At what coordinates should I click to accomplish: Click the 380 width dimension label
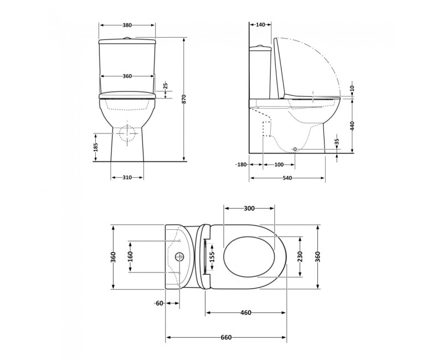coord(127,25)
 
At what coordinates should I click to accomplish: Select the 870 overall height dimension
coord(184,99)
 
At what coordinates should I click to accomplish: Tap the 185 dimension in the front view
coord(96,147)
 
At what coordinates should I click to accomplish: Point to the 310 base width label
coord(127,178)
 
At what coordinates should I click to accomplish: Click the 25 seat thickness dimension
coord(165,85)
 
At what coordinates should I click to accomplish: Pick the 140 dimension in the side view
coord(260,25)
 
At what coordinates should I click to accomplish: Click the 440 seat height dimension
coord(352,126)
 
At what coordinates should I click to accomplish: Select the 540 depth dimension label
coord(287,178)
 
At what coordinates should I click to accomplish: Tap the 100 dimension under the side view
coord(279,164)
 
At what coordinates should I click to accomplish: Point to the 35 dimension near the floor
coord(337,142)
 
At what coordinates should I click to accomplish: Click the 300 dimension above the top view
coord(249,208)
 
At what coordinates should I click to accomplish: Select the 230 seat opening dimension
coord(300,256)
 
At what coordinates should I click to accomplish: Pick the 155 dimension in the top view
coord(212,257)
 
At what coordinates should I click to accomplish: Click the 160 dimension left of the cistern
coord(130,257)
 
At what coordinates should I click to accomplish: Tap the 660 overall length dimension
coord(226,337)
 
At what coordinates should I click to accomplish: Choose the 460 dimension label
coord(246,312)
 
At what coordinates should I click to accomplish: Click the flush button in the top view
coord(179,256)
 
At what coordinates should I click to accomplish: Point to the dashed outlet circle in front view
coord(127,133)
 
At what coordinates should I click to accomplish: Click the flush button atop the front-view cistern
coord(127,38)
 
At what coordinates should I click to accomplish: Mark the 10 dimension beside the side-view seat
coord(353,88)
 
